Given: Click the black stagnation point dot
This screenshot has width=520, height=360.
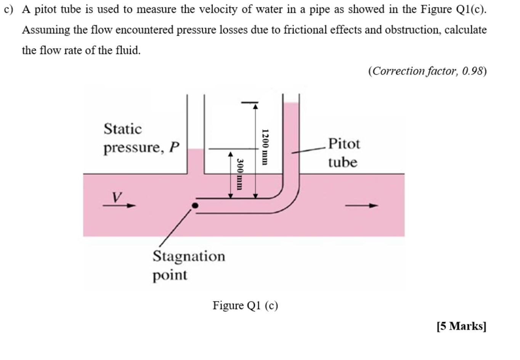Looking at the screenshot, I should tap(195, 206).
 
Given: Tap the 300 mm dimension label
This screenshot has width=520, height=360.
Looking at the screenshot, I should tap(239, 174).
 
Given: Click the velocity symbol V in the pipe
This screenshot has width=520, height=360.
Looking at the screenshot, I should tap(117, 197).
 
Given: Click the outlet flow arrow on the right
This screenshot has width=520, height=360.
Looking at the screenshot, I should tap(361, 206).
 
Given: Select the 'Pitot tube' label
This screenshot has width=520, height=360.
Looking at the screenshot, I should tap(343, 153).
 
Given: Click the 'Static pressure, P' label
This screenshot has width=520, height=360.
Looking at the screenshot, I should tap(141, 138).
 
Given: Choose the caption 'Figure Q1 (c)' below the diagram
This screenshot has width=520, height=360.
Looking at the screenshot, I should tap(245, 305).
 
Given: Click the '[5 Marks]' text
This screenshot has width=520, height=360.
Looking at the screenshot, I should tap(461, 326).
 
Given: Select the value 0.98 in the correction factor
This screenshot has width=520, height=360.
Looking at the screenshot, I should tap(472, 71).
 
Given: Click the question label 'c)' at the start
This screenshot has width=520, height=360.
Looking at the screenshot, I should tap(8, 9).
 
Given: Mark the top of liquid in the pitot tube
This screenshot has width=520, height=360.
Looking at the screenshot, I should tap(291, 103).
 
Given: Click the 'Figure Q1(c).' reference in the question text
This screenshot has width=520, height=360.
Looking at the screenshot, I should tap(453, 9).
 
